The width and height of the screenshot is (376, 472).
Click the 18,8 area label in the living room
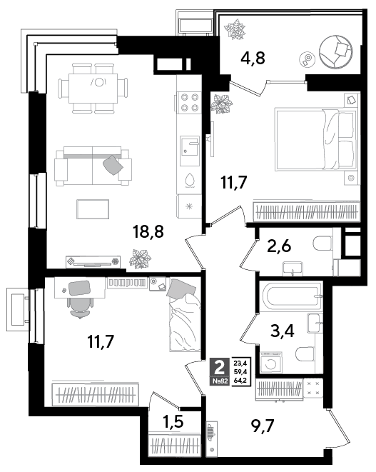tap(148, 232)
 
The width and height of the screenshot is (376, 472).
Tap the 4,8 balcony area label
tap(253, 58)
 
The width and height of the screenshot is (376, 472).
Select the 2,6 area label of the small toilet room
tap(279, 246)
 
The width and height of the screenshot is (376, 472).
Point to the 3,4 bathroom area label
tap(282, 331)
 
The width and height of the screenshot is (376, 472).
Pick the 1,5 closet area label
tap(173, 422)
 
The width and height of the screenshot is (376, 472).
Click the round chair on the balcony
tap(336, 52)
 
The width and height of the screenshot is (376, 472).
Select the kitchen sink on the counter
tap(190, 151)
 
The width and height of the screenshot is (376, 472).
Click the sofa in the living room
tap(93, 166)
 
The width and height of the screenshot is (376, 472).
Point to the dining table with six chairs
tap(93, 89)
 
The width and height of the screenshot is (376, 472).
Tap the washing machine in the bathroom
tap(271, 363)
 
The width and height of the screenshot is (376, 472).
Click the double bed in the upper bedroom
tap(315, 139)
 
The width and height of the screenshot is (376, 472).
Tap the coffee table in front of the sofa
tap(93, 209)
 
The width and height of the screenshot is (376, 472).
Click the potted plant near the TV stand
tap(140, 258)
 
